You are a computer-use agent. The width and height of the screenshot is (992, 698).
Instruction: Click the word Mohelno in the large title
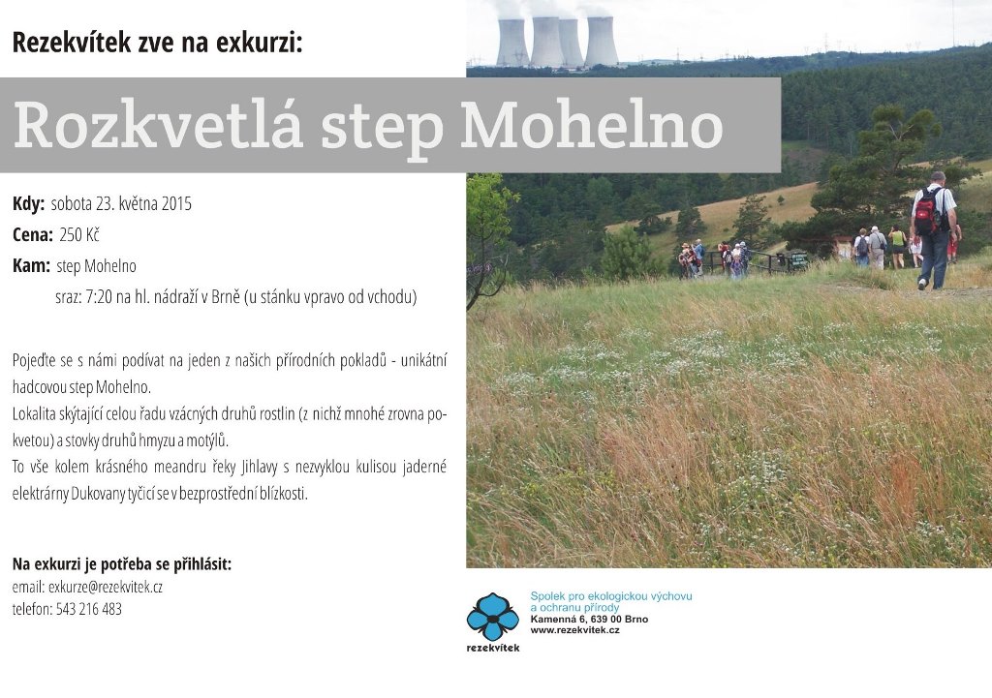click(x=591, y=125)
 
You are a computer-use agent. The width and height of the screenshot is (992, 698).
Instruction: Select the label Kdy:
click(x=28, y=204)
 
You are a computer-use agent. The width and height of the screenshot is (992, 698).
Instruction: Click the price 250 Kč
click(x=79, y=235)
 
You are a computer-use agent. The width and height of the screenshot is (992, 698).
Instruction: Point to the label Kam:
click(x=31, y=265)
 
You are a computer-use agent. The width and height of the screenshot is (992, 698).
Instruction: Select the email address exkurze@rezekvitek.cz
click(x=106, y=588)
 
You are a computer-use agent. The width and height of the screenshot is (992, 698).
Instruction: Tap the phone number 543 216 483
click(x=89, y=610)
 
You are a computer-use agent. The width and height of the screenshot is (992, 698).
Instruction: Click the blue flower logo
click(x=493, y=617)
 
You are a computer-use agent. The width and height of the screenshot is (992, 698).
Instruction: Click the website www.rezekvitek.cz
click(x=575, y=630)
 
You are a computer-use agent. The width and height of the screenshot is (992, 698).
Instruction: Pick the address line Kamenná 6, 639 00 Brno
click(x=589, y=619)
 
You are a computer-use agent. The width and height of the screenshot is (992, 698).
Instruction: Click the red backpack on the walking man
click(x=927, y=211)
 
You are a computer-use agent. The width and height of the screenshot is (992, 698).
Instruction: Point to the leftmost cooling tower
click(x=511, y=43)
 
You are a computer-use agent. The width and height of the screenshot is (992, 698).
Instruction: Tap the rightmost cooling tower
click(x=601, y=42)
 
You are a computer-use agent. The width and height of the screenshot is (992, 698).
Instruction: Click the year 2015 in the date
click(x=176, y=204)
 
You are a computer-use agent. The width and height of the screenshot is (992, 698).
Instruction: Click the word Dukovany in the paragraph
click(x=98, y=494)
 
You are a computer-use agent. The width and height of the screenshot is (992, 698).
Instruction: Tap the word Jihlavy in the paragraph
click(x=260, y=468)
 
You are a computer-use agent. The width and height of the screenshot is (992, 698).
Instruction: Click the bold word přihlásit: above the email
click(x=202, y=564)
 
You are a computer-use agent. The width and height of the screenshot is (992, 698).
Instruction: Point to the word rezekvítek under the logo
click(x=493, y=648)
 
